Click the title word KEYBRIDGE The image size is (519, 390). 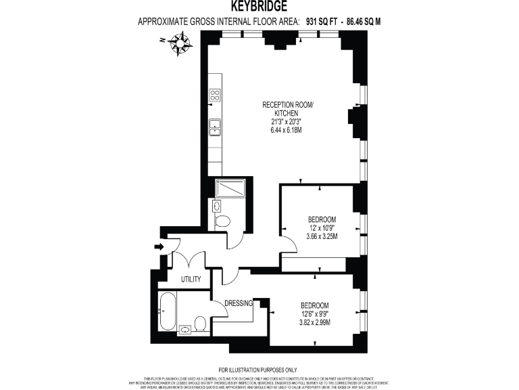259,7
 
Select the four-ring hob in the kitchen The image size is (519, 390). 215,95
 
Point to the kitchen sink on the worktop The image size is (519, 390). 215,127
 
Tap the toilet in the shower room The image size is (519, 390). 222,220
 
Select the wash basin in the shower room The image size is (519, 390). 216,205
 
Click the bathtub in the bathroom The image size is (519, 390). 167,310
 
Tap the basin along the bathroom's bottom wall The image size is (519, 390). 185,329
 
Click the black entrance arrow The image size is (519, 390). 159,246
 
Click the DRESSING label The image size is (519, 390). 238,303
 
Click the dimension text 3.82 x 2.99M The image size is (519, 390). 314,322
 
